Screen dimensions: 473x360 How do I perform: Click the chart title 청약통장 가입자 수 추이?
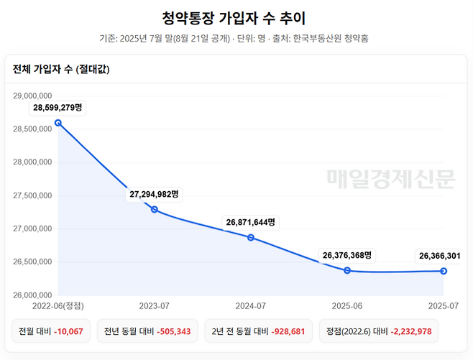(x=234, y=18)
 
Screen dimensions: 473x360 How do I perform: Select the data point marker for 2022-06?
(x=58, y=123)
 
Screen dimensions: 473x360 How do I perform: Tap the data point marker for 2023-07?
(x=155, y=209)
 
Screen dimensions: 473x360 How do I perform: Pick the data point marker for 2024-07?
(x=251, y=238)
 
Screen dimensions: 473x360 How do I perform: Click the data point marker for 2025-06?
(x=347, y=270)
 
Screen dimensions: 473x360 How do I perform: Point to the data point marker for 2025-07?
(x=444, y=271)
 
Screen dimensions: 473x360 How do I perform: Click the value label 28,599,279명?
(x=58, y=108)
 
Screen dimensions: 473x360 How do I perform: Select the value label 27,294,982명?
(x=154, y=194)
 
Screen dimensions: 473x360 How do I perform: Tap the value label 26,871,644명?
(x=251, y=223)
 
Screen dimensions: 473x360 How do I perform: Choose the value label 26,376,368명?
(x=347, y=255)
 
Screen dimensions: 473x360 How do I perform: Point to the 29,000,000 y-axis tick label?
(x=32, y=96)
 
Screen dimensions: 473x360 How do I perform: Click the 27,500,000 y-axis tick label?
(x=32, y=195)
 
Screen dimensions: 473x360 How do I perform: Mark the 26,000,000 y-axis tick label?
(x=32, y=295)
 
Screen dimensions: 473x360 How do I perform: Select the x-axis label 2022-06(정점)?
(x=58, y=306)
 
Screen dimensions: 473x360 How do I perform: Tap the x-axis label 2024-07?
(x=251, y=306)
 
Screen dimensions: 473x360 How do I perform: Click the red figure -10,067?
(x=68, y=332)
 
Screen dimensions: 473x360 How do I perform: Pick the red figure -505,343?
(x=174, y=332)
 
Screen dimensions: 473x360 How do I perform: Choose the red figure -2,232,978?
(x=411, y=332)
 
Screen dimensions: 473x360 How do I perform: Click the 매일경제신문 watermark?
(x=391, y=179)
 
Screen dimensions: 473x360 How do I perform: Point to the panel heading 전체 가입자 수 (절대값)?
(x=61, y=70)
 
